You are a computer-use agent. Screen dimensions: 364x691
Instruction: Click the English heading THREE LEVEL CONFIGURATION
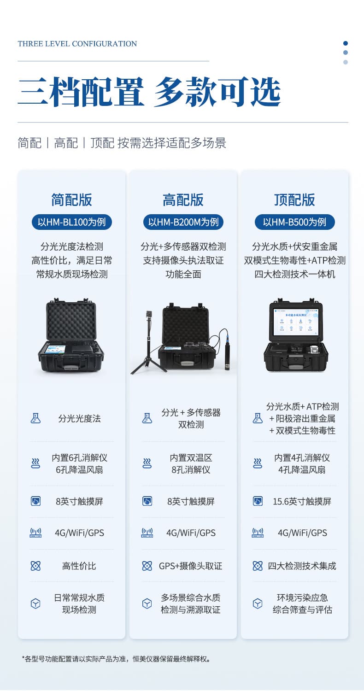pyautogui.click(x=77, y=44)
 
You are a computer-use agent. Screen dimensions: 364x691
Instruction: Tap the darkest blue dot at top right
pyautogui.click(x=346, y=43)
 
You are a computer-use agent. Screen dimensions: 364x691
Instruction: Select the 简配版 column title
pyautogui.click(x=71, y=199)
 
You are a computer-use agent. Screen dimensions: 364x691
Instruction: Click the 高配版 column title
pyautogui.click(x=183, y=199)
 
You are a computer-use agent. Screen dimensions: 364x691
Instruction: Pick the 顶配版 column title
pyautogui.click(x=294, y=199)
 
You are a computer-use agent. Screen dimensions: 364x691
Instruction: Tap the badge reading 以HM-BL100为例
pyautogui.click(x=71, y=222)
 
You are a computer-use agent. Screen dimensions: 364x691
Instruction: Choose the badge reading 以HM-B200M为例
pyautogui.click(x=183, y=222)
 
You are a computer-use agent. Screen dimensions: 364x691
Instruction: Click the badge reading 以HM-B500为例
pyautogui.click(x=294, y=222)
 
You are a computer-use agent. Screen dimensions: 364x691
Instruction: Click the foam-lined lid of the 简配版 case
pyautogui.click(x=71, y=321)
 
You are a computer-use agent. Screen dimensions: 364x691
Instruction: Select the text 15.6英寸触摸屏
pyautogui.click(x=302, y=502)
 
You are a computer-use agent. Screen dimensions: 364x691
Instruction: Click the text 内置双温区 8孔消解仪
pyautogui.click(x=191, y=463)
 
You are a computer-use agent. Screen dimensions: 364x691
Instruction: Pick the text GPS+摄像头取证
pyautogui.click(x=191, y=566)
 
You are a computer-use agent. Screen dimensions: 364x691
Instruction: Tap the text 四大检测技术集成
pyautogui.click(x=302, y=566)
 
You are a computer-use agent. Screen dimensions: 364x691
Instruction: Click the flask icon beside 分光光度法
pyautogui.click(x=35, y=418)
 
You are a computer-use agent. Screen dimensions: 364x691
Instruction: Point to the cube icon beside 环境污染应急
pyautogui.click(x=258, y=603)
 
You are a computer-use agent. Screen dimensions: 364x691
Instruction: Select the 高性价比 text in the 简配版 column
pyautogui.click(x=79, y=566)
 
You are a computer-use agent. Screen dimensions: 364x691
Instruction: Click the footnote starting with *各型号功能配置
pyautogui.click(x=117, y=659)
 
